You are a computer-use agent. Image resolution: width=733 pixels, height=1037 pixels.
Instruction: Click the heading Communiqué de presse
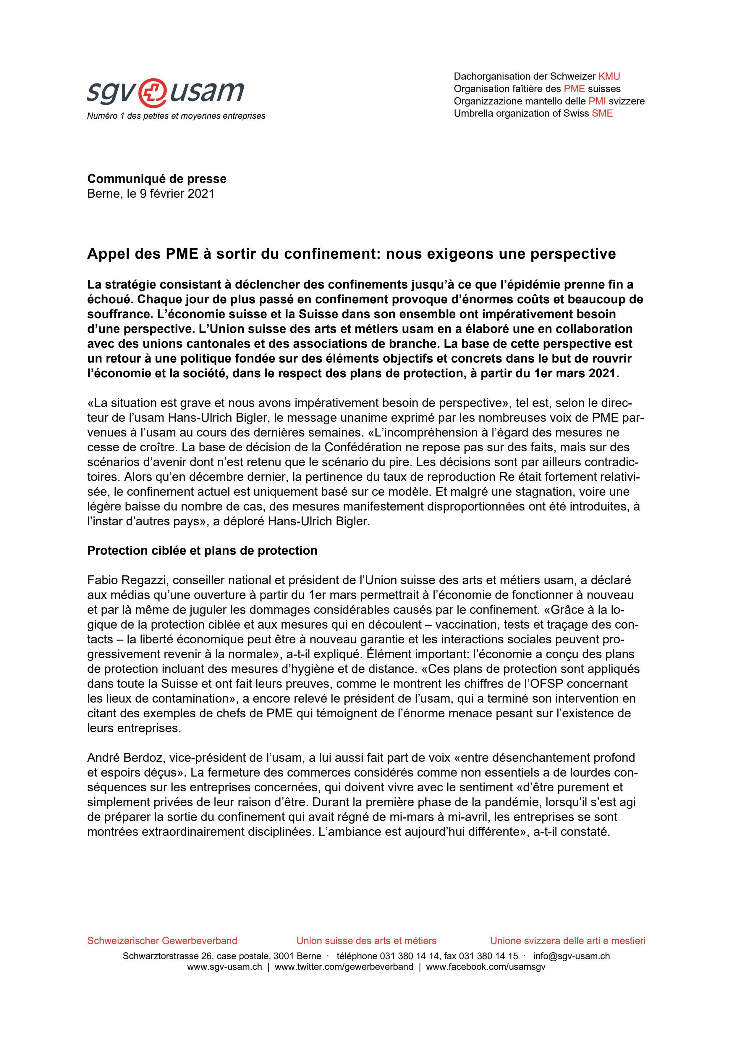157,179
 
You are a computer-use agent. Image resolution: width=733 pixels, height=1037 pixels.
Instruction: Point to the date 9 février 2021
177,194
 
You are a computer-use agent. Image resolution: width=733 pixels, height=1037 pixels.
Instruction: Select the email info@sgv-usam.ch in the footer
572,956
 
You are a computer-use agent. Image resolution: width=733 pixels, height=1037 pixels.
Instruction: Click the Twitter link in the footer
344,967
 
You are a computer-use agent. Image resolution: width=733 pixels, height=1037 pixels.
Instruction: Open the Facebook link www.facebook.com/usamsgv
486,967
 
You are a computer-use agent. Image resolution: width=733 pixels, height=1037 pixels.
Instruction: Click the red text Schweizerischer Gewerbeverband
162,941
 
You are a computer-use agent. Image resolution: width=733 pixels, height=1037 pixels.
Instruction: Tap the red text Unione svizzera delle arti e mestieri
567,941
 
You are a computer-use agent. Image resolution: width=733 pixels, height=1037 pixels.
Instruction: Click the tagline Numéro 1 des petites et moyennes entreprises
176,116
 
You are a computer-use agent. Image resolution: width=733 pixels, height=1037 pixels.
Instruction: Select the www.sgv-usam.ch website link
224,967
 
